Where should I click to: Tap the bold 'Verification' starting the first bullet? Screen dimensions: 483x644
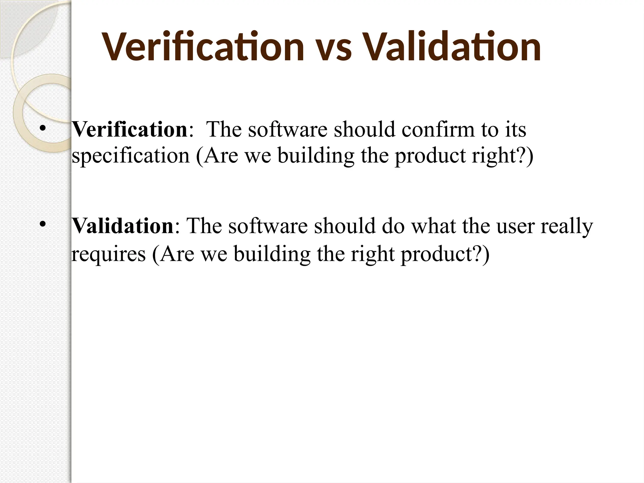(130, 129)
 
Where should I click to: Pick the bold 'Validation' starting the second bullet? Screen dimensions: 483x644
(123, 226)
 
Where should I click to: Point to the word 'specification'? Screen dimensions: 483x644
(130, 156)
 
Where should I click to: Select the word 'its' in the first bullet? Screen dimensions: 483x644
(515, 129)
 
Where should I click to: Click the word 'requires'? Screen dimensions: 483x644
(108, 254)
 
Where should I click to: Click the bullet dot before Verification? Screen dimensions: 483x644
(42, 129)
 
